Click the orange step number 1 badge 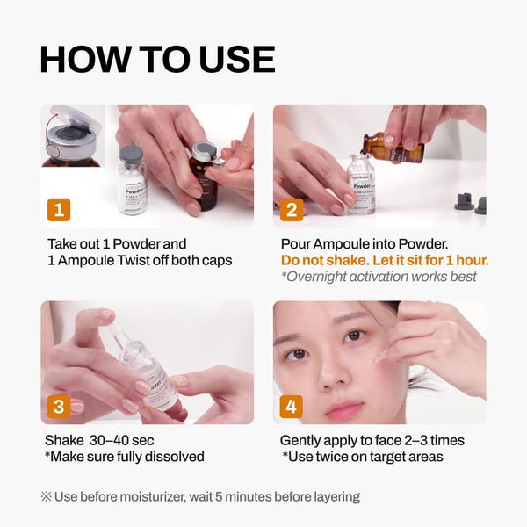pyautogui.click(x=59, y=209)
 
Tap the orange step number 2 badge pyautogui.click(x=292, y=209)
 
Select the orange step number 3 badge pyautogui.click(x=59, y=406)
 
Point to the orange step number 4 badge pyautogui.click(x=292, y=406)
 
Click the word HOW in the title pyautogui.click(x=86, y=59)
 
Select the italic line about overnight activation pyautogui.click(x=379, y=277)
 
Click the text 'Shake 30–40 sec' pyautogui.click(x=100, y=440)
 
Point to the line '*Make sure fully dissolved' pyautogui.click(x=124, y=457)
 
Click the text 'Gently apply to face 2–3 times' pyautogui.click(x=372, y=440)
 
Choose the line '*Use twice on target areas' pyautogui.click(x=361, y=457)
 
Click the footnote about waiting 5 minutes pyautogui.click(x=200, y=496)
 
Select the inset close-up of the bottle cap pyautogui.click(x=72, y=137)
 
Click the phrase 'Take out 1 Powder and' pyautogui.click(x=117, y=243)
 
